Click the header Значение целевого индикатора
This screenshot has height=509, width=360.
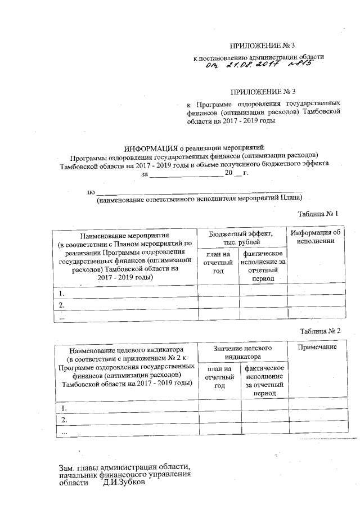point(243,352)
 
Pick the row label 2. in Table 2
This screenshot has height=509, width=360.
point(64,420)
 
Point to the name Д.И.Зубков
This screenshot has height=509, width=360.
point(124,483)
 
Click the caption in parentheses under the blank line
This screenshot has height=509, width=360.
point(200,199)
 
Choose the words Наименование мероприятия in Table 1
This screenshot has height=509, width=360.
point(125,234)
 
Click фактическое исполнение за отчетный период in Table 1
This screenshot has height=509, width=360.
point(263,266)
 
